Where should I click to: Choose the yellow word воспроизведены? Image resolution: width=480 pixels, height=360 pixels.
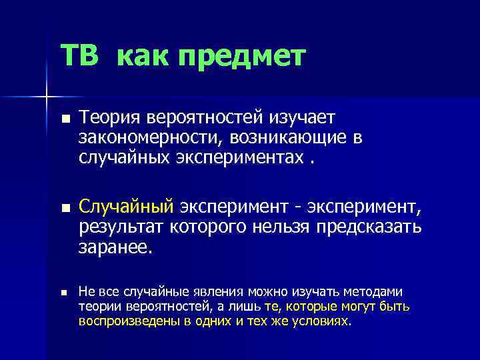tap(129, 321)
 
